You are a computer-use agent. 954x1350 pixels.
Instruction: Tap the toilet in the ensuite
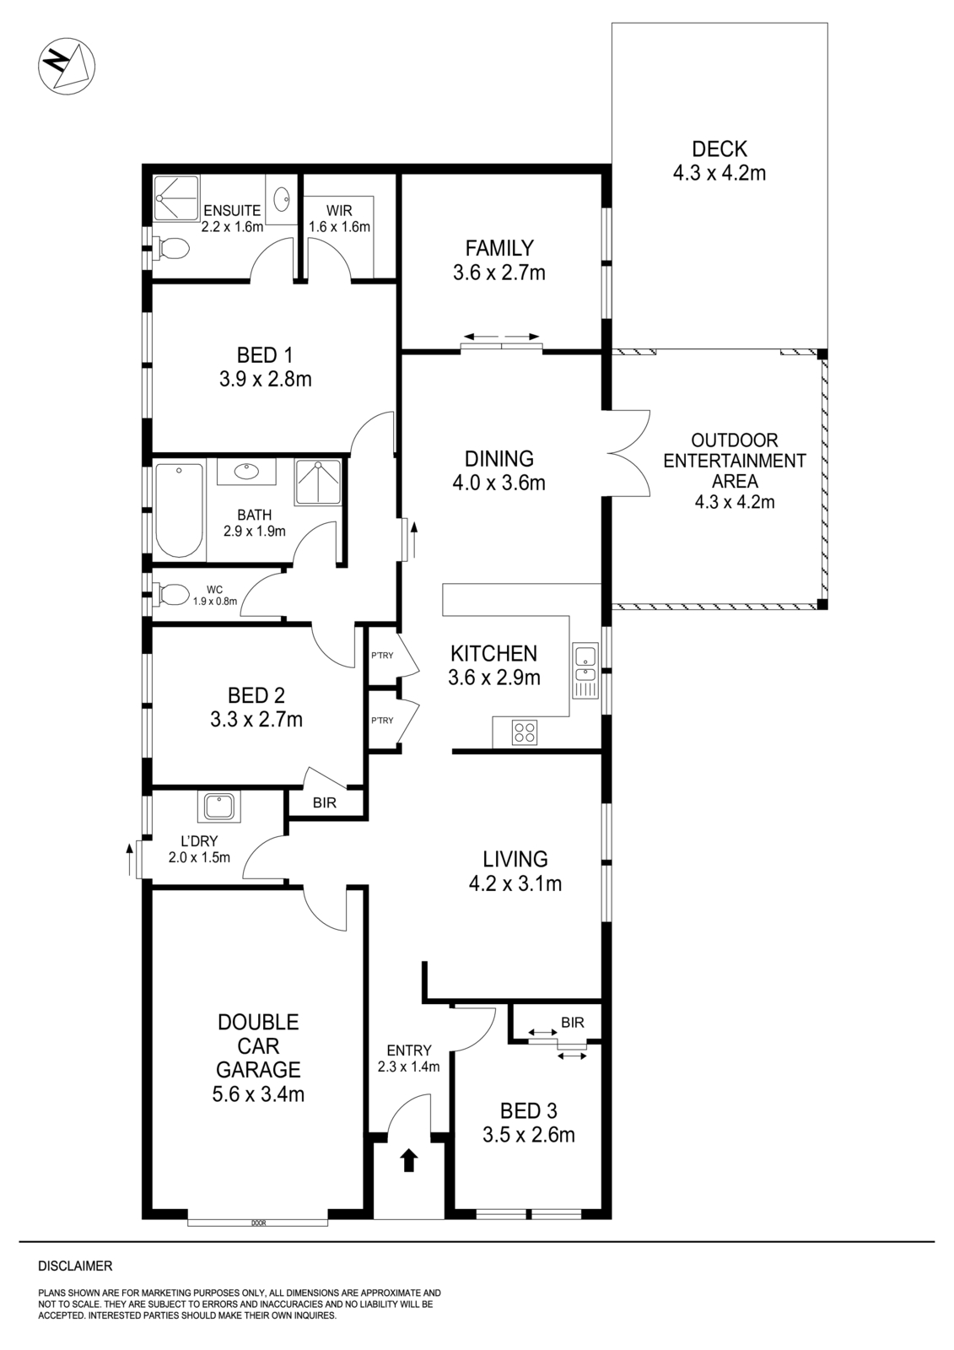[x=173, y=249]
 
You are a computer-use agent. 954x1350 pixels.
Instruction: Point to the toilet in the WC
[x=172, y=595]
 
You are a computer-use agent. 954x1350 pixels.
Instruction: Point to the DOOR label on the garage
[x=258, y=1223]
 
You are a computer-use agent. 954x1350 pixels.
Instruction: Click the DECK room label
[x=719, y=149]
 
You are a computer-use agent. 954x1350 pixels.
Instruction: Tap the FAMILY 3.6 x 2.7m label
[x=499, y=260]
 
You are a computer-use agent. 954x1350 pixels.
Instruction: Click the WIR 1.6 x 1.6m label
[x=339, y=218]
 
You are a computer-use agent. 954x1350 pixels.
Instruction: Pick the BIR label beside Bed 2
[x=325, y=803]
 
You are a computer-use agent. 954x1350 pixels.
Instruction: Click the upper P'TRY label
[x=382, y=656]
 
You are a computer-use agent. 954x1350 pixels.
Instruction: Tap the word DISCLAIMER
[x=75, y=1266]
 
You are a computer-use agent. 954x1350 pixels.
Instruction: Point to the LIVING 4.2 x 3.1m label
[x=515, y=871]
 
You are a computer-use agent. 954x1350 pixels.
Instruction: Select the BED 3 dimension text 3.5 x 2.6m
[x=529, y=1135]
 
